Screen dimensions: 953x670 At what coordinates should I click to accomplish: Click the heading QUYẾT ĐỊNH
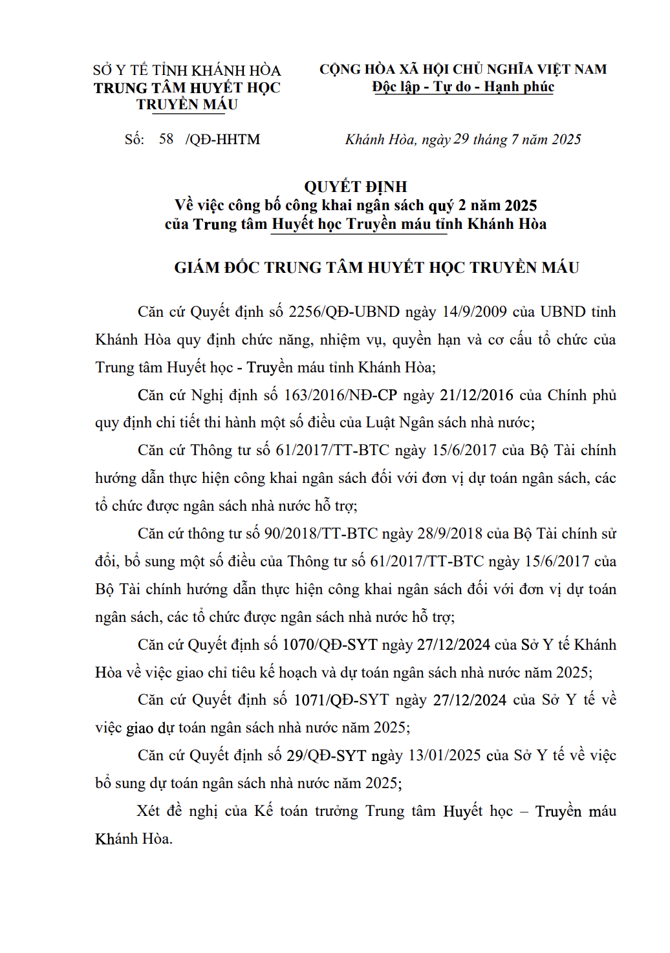pos(356,187)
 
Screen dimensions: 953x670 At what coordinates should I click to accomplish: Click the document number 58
pos(166,139)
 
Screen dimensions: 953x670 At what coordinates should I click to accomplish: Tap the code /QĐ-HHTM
pos(223,140)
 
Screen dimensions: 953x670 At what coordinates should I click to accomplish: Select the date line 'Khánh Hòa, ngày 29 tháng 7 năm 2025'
pos(463,140)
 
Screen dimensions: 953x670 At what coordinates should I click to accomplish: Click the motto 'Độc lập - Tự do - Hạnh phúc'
pos(463,87)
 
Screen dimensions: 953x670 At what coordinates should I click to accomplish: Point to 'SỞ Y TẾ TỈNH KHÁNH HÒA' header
pos(187,70)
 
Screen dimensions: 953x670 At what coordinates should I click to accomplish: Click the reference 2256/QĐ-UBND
pos(344,312)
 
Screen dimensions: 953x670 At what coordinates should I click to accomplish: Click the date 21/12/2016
pos(477,395)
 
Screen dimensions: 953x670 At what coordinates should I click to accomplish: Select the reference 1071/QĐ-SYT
pos(341,700)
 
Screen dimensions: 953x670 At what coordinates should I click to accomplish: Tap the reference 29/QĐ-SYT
pos(326,756)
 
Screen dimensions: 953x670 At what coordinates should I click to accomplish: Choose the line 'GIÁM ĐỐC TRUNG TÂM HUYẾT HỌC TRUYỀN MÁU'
pos(376,268)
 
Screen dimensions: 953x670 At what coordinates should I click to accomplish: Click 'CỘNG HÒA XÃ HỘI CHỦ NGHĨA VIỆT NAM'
pos(463,69)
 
